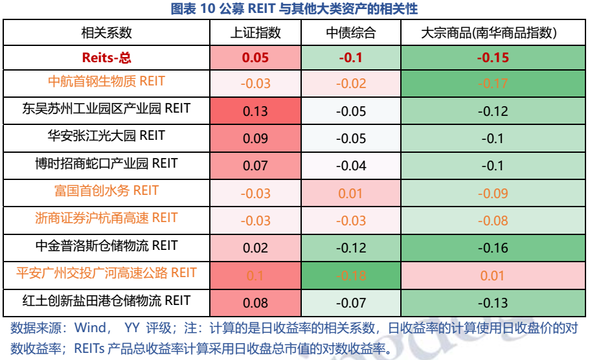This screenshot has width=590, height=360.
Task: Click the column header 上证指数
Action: click(255, 32)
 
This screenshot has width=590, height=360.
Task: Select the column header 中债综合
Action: click(350, 32)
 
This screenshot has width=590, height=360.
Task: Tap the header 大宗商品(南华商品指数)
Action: click(493, 32)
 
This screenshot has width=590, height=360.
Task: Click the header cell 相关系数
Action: click(106, 32)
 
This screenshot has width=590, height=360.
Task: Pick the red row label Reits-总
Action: click(106, 57)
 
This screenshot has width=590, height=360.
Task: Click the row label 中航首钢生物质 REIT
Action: click(106, 82)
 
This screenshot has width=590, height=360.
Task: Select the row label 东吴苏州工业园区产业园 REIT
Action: click(106, 109)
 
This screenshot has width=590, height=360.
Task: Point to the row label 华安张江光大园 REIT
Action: click(106, 136)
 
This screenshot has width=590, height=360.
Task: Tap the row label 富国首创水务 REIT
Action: click(106, 191)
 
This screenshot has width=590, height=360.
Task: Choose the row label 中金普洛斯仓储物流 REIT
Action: click(106, 246)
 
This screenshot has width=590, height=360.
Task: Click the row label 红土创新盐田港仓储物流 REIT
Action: click(106, 301)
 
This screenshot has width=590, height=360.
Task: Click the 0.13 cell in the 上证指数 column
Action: click(255, 111)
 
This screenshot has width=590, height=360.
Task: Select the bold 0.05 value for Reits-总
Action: click(255, 58)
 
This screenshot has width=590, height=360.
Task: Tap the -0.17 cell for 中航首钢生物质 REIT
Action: click(493, 84)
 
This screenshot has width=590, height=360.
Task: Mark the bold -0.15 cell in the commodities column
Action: click(493, 58)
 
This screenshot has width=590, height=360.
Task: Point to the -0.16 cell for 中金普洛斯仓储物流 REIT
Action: click(493, 248)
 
